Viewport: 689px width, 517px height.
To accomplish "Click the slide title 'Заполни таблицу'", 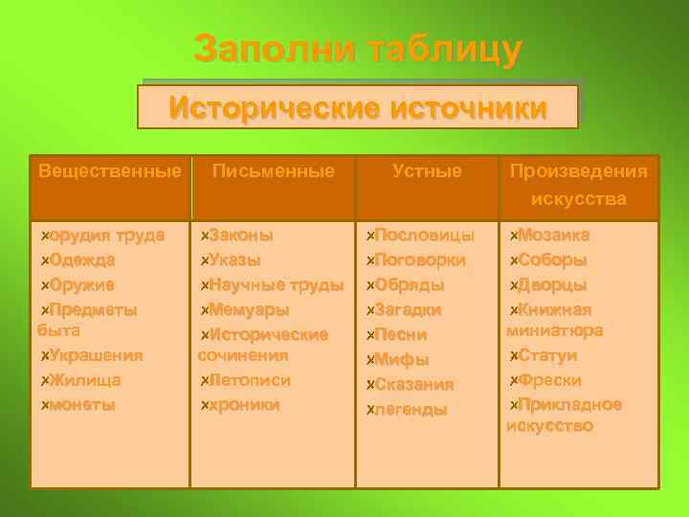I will pos(358,49).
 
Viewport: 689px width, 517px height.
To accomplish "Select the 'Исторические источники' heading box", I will pos(358,106).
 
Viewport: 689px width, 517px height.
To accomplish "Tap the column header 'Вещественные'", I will pos(109,172).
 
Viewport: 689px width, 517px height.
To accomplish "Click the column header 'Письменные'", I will pos(274,172).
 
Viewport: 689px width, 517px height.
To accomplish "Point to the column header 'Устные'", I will pos(427,172).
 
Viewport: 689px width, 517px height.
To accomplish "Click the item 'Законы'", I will pos(240,235).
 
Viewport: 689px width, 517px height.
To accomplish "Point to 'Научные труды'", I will pos(276,284).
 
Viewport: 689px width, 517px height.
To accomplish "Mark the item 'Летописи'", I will pos(250,380).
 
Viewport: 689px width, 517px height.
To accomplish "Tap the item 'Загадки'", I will pos(408,309).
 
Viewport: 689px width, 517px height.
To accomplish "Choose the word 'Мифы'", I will pos(401,360).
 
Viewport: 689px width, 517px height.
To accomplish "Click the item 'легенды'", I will pos(411,409).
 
